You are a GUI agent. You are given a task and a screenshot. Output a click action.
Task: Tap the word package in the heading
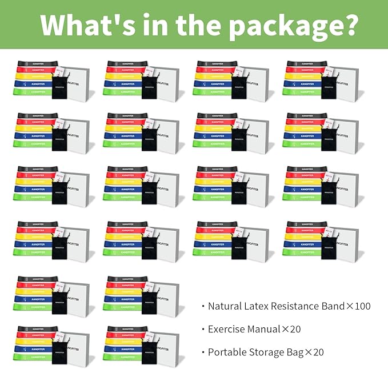click(x=282, y=25)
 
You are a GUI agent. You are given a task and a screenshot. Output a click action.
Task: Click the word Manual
click(x=266, y=329)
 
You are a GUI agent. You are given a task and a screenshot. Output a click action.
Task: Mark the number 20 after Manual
click(x=294, y=329)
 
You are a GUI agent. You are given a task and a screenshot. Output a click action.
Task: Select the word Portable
click(x=228, y=352)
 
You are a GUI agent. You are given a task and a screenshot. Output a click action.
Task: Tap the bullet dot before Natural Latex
click(x=203, y=307)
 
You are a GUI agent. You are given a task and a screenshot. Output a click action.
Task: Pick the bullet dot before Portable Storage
click(x=203, y=352)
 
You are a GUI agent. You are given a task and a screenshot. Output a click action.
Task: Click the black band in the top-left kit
click(x=34, y=63)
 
